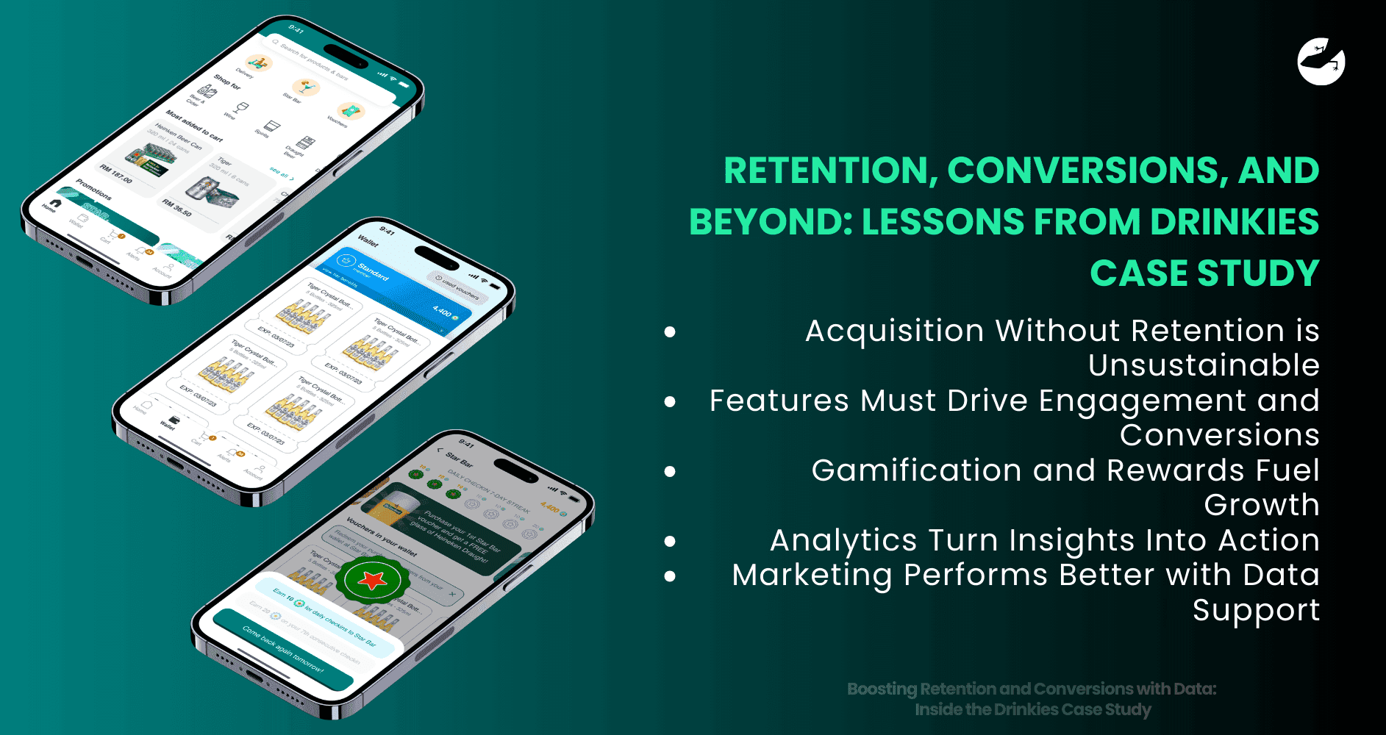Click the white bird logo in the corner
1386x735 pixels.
pyautogui.click(x=1321, y=62)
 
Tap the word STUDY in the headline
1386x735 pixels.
pyautogui.click(x=1258, y=273)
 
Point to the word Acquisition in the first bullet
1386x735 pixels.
pyautogui.click(x=894, y=331)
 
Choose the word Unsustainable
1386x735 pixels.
pyautogui.click(x=1204, y=365)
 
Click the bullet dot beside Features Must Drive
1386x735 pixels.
pyautogui.click(x=670, y=401)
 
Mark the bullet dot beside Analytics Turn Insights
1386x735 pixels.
pyautogui.click(x=670, y=542)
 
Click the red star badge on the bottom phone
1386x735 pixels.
pyautogui.click(x=372, y=580)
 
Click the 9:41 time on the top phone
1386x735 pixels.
pyautogui.click(x=296, y=29)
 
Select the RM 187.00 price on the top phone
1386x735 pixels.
pyautogui.click(x=116, y=174)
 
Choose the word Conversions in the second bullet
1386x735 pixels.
pyautogui.click(x=1219, y=435)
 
